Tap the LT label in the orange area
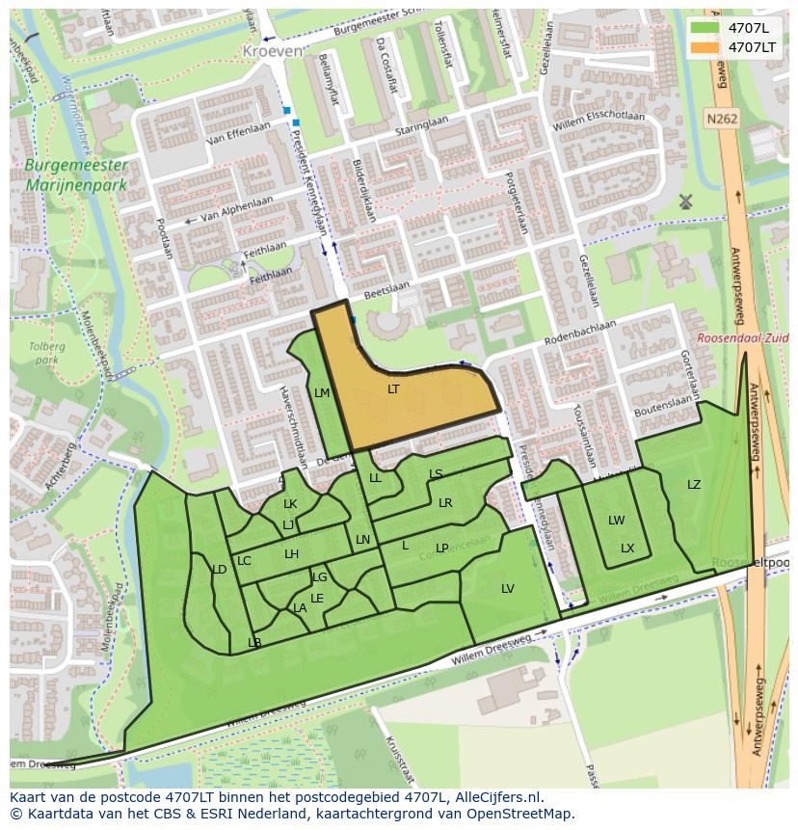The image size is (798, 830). point(393,389)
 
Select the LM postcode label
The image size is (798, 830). point(322,393)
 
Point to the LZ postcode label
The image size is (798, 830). point(694,485)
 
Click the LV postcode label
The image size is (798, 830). point(508,589)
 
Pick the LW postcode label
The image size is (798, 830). point(616,521)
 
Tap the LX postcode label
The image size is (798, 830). point(627,549)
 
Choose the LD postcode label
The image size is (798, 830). point(219,570)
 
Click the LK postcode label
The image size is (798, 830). point(290,504)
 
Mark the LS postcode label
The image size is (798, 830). point(436,474)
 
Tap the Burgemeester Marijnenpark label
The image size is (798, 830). point(77,174)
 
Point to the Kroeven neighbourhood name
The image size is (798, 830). point(272,50)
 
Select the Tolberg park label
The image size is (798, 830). point(44,353)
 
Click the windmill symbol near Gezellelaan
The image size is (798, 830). point(685,201)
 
